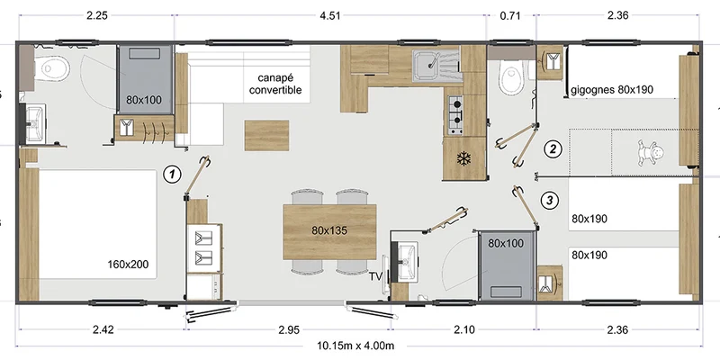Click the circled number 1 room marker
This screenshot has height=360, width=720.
coord(172,175)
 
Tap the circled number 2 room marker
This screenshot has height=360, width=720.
coord(553,148)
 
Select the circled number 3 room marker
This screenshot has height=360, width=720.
coord(550,200)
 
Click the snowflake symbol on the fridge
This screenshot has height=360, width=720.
coord(463,159)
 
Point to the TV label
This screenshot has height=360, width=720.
coord(376,276)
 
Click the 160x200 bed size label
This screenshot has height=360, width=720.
coord(128,265)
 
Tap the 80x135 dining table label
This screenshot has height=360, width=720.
coord(329,231)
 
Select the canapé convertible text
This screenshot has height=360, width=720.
coord(275,84)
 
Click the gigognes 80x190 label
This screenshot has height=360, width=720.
coord(612,89)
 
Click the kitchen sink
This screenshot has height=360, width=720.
coord(436,66)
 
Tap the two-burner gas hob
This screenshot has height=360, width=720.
coord(455,115)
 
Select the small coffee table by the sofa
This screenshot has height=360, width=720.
coord(266,136)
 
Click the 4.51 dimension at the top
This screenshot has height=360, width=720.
coord(329,15)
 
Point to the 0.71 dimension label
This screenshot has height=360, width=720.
coord(510,15)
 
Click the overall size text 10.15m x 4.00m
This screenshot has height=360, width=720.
coord(355,346)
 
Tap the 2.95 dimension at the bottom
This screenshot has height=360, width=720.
coord(289,329)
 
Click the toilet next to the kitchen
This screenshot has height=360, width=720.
coord(511,78)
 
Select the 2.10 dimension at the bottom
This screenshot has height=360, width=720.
coord(464,329)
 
